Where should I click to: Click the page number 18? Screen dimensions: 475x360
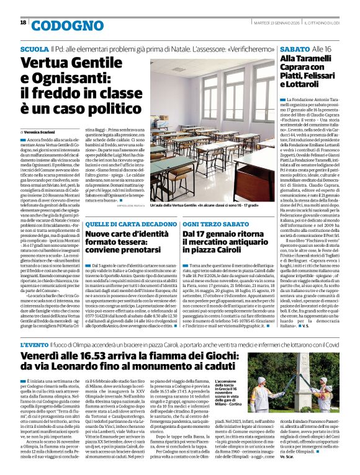pyautogui.click(x=23, y=22)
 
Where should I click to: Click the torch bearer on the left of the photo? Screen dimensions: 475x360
pyautogui.click(x=261, y=388)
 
